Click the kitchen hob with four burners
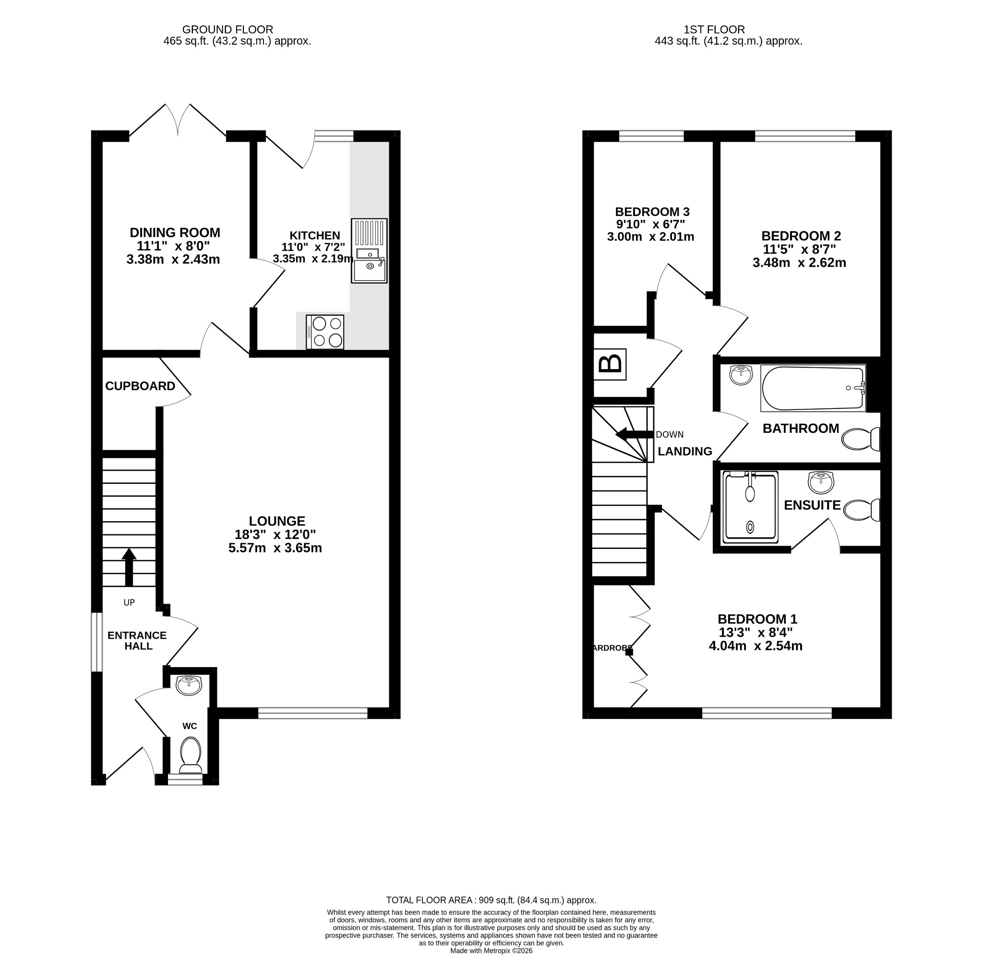325,332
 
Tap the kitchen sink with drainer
369,251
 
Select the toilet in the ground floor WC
191,755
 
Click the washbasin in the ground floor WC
189,686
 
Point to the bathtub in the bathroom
813,388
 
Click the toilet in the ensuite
862,510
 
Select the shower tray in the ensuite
750,507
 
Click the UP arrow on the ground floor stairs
129,567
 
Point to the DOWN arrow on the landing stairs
635,434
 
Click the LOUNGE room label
277,521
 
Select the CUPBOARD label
141,386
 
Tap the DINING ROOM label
175,233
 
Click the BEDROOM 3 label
652,212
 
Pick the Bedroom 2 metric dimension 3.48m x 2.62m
800,263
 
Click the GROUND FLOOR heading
228,30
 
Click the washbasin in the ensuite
821,482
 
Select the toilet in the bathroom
861,440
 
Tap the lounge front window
313,713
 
